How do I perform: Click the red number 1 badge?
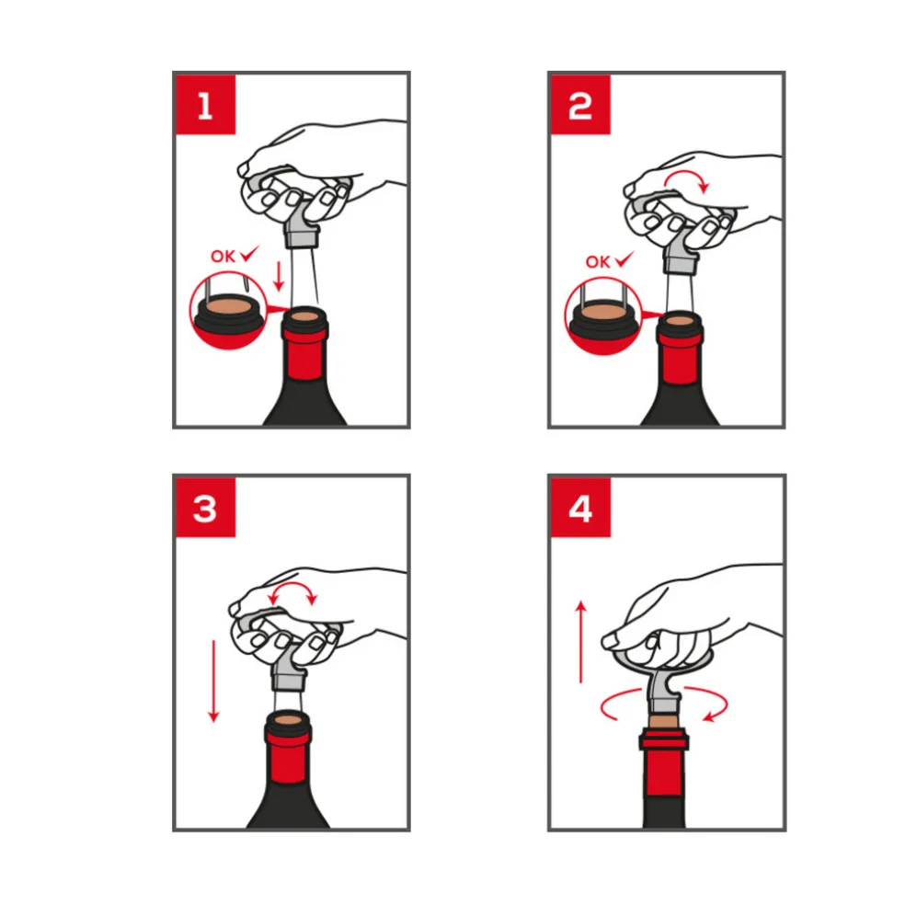point(205,105)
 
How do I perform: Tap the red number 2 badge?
point(580,105)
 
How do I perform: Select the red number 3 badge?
point(205,508)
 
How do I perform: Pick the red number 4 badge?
point(580,508)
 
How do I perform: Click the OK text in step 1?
point(223,257)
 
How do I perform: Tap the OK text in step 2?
point(598,262)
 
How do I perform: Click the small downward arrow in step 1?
point(280,276)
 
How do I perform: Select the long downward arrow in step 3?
point(213,682)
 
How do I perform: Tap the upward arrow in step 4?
point(581,642)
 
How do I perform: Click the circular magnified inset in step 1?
point(230,312)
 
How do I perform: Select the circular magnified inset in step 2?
point(604,316)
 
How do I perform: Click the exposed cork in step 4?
point(664,721)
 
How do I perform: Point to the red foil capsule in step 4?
point(664,762)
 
